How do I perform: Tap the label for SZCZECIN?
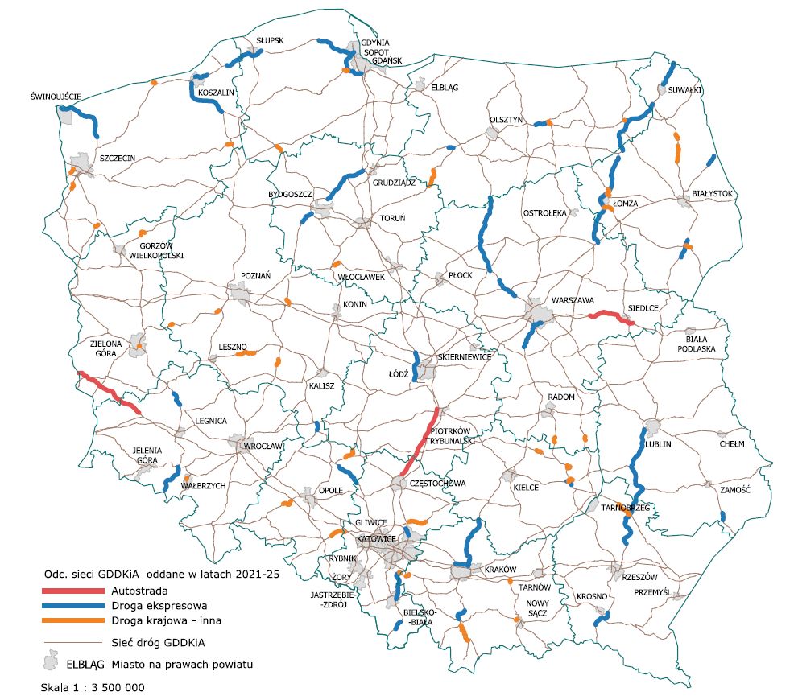[118, 159]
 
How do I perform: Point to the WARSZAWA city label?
[573, 301]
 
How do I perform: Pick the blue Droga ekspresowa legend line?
[75, 606]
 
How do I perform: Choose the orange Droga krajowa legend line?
[75, 620]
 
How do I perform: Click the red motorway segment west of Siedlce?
[610, 317]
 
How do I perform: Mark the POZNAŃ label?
[256, 275]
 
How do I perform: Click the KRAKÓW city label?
[500, 569]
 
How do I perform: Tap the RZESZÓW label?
[640, 578]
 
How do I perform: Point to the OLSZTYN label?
[507, 120]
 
